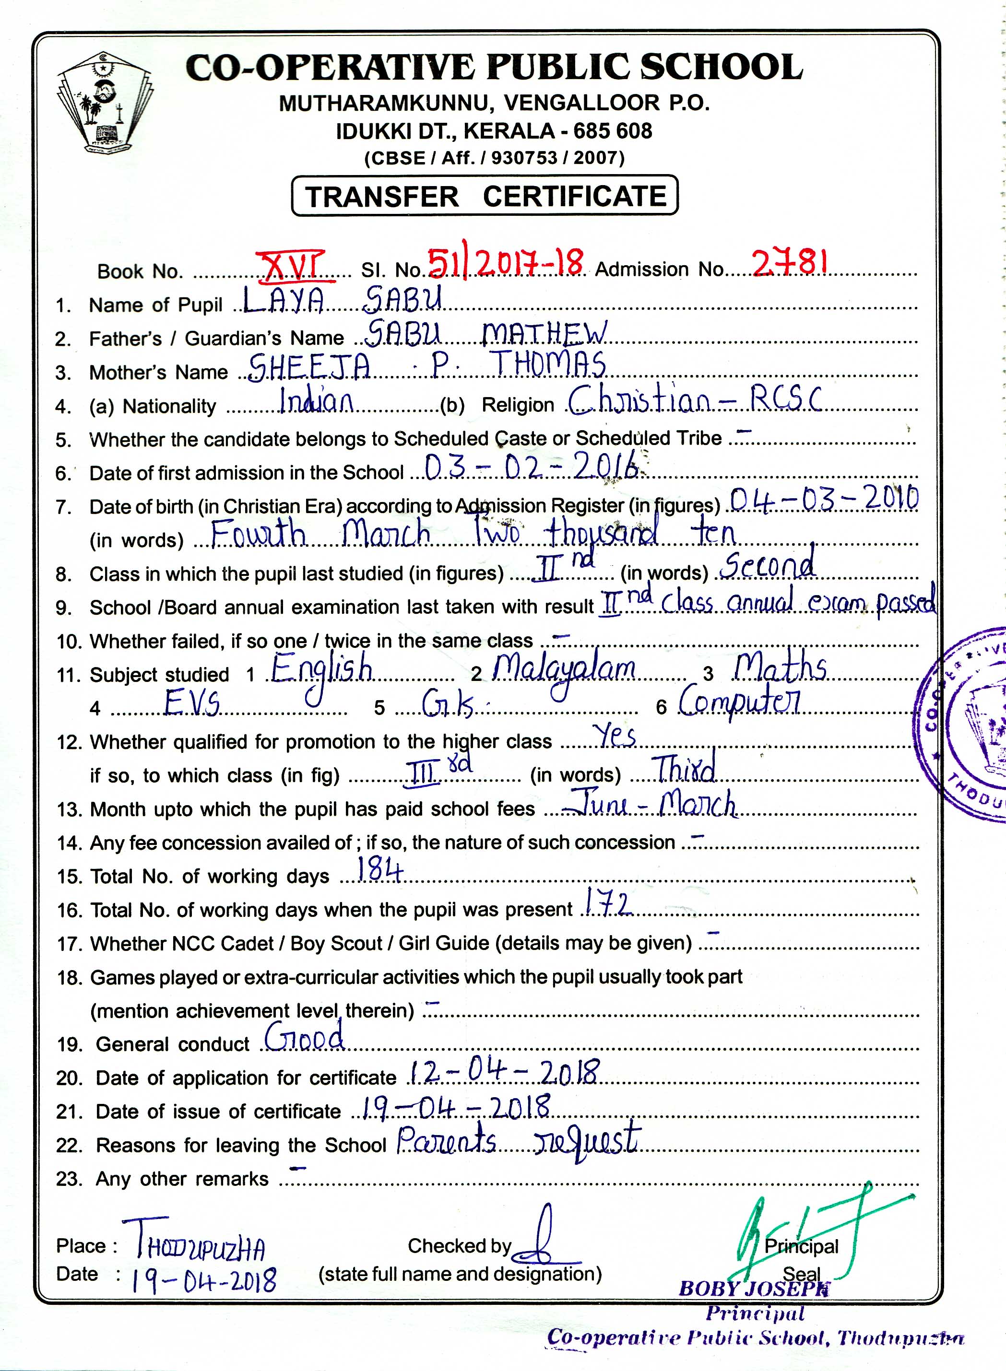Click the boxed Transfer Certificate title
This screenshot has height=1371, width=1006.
(x=485, y=196)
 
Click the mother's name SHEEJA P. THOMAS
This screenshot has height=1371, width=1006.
(x=427, y=365)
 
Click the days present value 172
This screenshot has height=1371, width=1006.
(x=606, y=903)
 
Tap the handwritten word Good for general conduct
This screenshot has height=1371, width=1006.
(x=305, y=1035)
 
